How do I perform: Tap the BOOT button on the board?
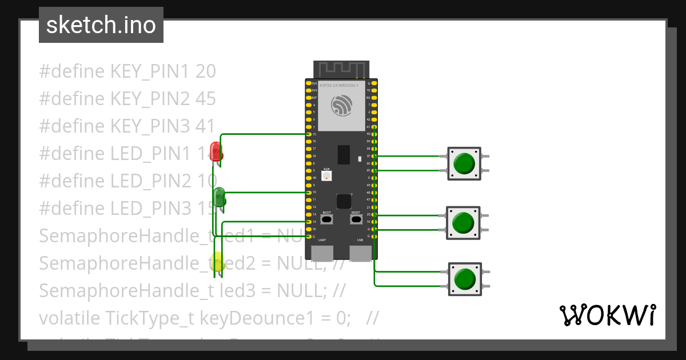point(326,219)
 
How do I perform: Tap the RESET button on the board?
point(356,219)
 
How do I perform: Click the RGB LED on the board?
point(326,177)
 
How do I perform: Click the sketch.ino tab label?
point(101,25)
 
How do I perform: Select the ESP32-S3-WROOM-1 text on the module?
point(339,85)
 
